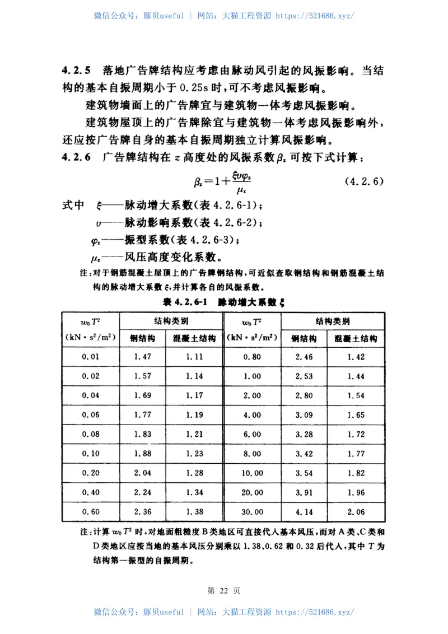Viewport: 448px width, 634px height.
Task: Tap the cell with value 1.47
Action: (143, 356)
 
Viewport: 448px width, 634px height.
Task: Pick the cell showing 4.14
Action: (304, 511)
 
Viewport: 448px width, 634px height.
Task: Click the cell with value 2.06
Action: (356, 511)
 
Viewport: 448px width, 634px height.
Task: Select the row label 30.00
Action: (251, 511)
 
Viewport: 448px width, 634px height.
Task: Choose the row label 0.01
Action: (91, 356)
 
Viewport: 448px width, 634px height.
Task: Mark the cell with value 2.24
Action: (143, 492)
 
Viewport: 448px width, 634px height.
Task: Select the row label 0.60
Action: (91, 511)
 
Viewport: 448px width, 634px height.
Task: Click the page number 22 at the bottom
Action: (223, 590)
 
